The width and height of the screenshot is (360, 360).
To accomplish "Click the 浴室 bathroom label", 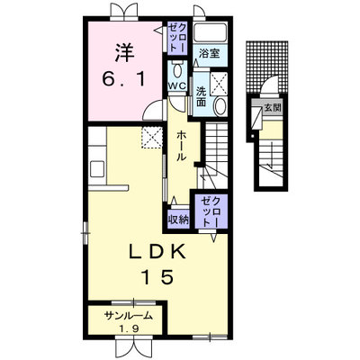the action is (210, 53).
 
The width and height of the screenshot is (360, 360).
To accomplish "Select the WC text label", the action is (177, 86).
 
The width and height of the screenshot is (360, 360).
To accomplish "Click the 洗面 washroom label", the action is (201, 97).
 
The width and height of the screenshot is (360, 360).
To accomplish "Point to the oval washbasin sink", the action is (220, 106).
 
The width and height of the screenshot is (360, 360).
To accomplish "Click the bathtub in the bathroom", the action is (210, 32).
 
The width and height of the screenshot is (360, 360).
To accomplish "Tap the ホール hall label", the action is (182, 146).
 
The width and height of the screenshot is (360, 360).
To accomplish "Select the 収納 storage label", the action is (178, 220).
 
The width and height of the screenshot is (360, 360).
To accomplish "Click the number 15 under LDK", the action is (157, 276).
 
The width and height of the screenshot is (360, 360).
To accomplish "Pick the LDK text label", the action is (157, 253).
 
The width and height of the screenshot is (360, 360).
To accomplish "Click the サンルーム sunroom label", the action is (129, 315).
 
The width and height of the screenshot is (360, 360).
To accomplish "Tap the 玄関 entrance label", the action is (273, 107).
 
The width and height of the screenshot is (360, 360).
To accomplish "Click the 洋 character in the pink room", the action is (123, 53).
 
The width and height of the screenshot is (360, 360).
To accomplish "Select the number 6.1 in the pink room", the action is (123, 79).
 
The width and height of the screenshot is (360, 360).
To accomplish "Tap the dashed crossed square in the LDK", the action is (152, 138).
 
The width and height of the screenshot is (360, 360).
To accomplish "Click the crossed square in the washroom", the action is (219, 82).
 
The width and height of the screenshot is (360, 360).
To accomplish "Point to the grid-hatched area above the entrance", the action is (266, 67).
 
